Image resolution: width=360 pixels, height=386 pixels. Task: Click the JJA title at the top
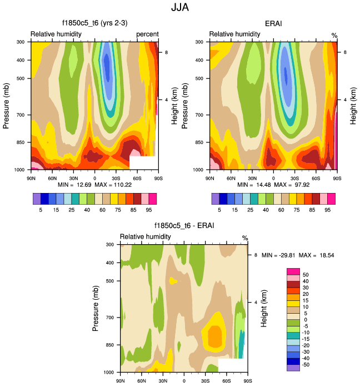(x=180, y=8)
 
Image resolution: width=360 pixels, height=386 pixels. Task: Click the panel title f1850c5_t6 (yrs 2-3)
(x=93, y=23)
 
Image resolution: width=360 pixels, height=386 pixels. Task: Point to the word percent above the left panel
(x=147, y=34)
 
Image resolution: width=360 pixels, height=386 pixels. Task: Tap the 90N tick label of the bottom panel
(x=120, y=381)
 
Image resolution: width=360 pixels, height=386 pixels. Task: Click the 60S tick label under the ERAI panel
(x=316, y=178)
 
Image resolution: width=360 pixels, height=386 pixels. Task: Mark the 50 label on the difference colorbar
(x=306, y=275)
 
